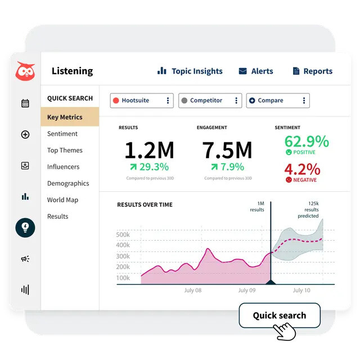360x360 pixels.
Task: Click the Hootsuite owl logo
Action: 25,71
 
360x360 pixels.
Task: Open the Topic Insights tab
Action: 190,71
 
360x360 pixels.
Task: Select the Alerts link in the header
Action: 256,71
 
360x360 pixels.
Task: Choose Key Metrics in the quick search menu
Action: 65,118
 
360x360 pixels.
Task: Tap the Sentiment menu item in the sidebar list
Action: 62,134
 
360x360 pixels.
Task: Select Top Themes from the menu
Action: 65,150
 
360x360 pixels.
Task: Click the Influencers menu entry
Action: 63,166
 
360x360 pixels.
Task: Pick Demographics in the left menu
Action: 68,183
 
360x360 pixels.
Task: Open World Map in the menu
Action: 62,200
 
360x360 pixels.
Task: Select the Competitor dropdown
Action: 210,101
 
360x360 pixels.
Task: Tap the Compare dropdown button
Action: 278,101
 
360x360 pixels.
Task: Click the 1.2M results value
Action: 149,150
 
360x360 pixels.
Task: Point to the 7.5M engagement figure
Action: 227,150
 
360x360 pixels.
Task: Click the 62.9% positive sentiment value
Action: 307,141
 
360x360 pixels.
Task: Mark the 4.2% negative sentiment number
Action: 302,169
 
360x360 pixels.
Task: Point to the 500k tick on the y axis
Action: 123,235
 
